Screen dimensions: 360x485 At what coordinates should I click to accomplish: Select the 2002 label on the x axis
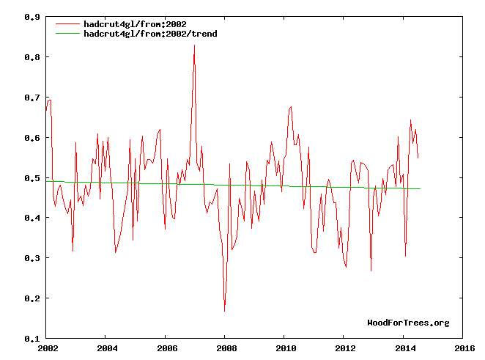click(48, 348)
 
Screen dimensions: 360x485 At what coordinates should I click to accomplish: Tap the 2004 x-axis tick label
click(107, 348)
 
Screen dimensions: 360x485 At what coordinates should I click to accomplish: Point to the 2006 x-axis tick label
click(166, 348)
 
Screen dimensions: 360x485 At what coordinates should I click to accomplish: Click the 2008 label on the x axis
click(226, 348)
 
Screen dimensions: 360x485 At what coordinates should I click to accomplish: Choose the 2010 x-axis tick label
click(285, 348)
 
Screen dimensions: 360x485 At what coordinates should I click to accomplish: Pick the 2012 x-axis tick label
click(345, 348)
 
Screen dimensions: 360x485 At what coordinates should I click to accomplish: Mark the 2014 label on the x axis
click(404, 348)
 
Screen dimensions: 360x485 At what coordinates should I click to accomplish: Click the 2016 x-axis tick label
click(464, 348)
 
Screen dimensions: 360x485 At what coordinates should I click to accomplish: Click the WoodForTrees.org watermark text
click(408, 323)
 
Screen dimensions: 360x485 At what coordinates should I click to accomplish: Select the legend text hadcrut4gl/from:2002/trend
click(150, 34)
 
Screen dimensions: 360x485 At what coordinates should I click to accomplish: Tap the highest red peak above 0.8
click(194, 45)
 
